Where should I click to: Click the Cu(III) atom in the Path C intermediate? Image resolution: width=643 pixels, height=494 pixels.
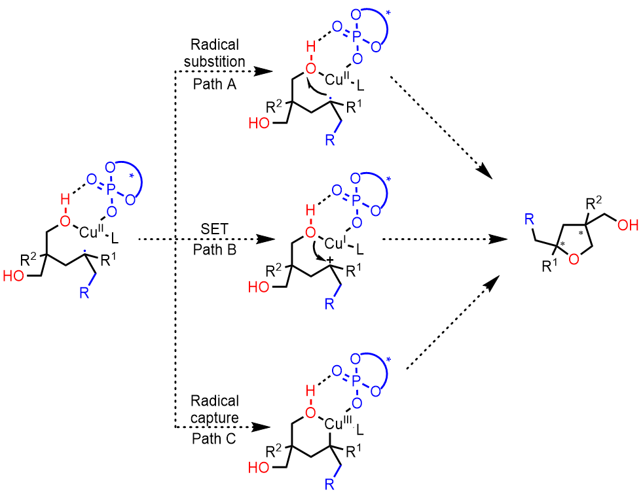(x=338, y=425)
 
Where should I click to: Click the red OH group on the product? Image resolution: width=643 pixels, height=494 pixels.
(x=625, y=226)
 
